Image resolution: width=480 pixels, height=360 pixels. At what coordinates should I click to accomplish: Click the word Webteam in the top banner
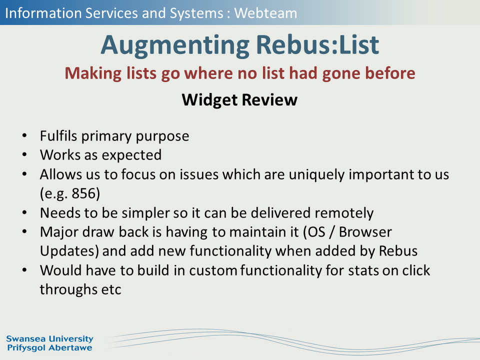click(265, 13)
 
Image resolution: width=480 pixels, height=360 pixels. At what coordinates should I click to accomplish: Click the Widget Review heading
click(239, 100)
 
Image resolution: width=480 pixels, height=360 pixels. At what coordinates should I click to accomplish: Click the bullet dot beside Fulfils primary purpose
click(25, 135)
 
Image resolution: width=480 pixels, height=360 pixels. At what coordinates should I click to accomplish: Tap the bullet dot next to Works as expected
click(25, 155)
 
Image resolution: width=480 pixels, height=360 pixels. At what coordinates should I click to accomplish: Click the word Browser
click(365, 231)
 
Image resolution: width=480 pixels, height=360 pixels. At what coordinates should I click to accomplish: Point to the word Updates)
click(69, 251)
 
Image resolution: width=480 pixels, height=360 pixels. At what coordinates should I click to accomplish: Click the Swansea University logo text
click(49, 339)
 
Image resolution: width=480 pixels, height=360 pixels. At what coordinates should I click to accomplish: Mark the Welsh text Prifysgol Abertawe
click(49, 348)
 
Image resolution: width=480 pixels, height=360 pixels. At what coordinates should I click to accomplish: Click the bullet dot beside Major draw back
click(25, 231)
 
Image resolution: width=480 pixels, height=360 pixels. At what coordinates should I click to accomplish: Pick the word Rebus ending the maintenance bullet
click(398, 251)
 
